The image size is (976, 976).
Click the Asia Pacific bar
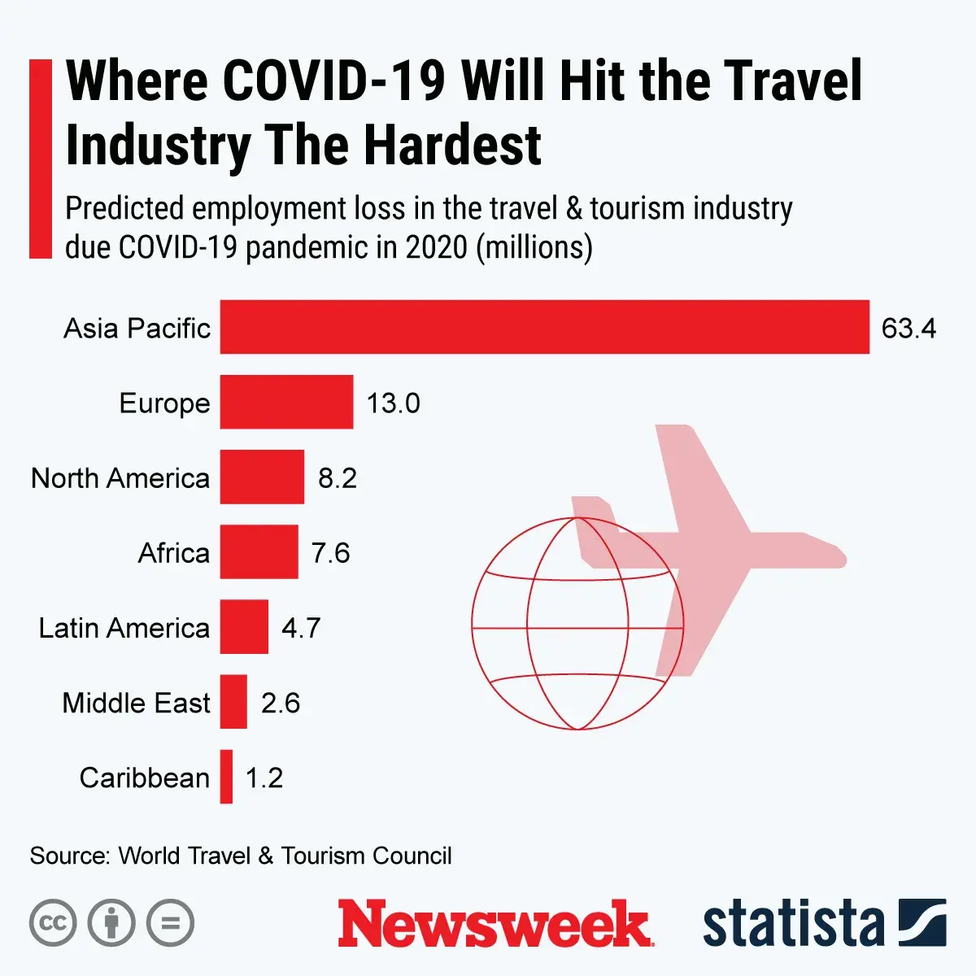point(544,327)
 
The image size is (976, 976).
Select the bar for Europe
point(286,402)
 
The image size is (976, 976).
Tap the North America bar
point(262,477)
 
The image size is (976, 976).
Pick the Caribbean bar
point(226,777)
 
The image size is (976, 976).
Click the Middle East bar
point(233,702)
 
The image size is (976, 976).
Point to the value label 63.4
point(908,328)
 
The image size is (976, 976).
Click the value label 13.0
point(393,403)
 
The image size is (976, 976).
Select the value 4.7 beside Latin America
point(301,628)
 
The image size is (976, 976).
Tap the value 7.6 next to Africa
point(330,553)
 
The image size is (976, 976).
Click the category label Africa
point(174,553)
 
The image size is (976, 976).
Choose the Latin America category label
point(124,628)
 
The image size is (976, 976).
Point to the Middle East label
point(136,703)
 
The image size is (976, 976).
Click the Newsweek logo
point(495,923)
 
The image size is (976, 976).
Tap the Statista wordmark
point(794,924)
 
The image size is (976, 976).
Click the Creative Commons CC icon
point(53,923)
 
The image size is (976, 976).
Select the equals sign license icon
point(171,923)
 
